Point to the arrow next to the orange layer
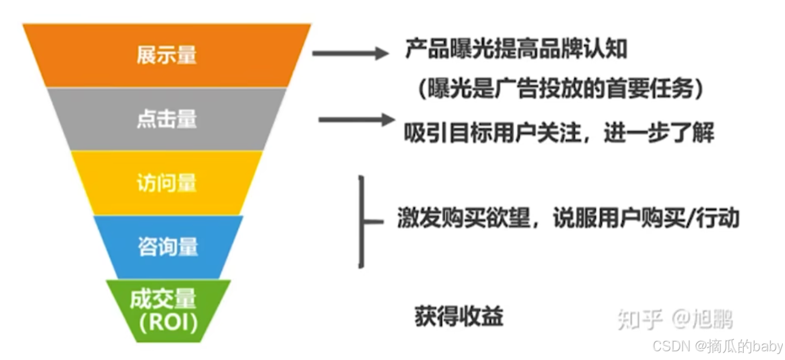click(350, 53)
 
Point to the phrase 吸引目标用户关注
click(490, 132)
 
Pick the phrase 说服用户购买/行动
click(646, 219)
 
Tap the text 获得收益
click(459, 315)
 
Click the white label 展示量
click(166, 55)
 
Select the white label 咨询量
click(167, 247)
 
